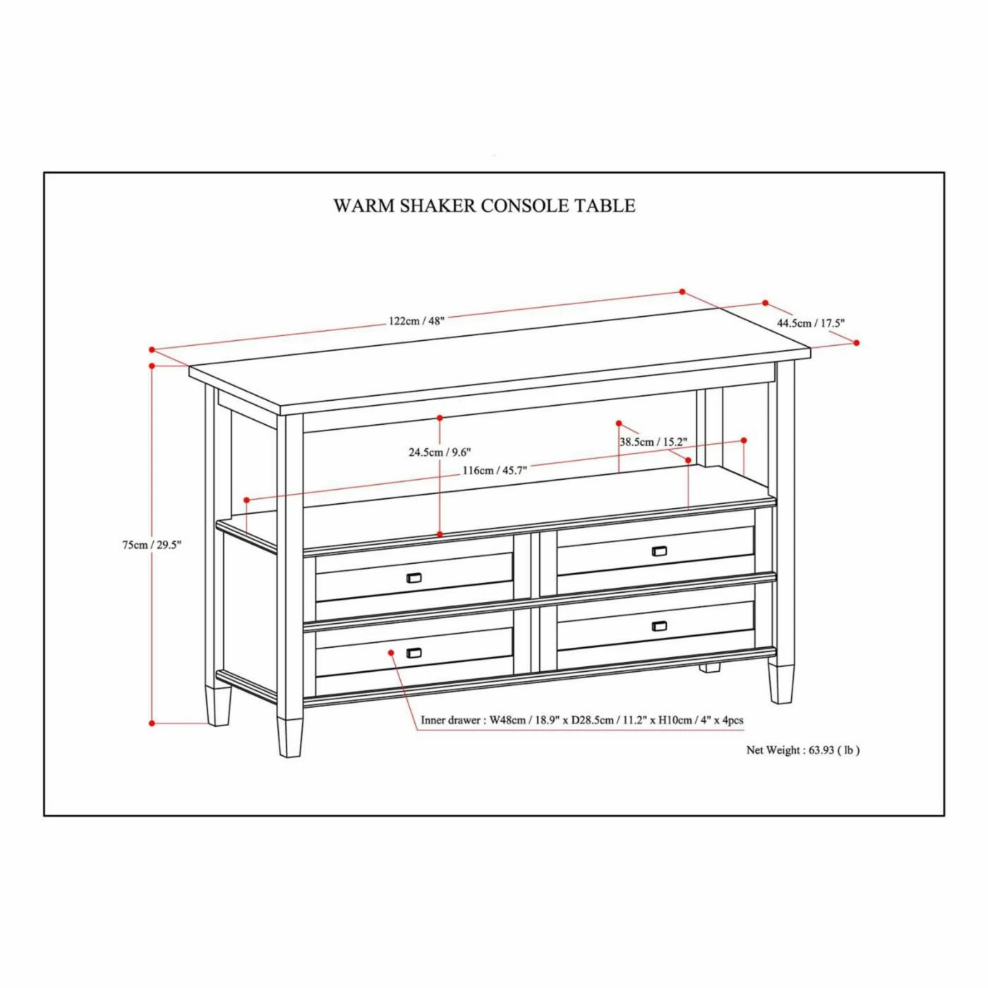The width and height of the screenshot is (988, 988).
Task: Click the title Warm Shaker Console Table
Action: [x=484, y=205]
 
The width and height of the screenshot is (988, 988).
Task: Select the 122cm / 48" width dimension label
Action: [x=416, y=320]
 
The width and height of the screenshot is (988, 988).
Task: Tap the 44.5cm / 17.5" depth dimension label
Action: [x=811, y=323]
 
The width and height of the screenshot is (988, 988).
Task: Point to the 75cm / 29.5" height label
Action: [x=152, y=545]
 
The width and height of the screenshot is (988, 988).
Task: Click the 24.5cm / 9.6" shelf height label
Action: [x=440, y=452]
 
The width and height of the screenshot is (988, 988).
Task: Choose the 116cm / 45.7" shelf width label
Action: [x=495, y=471]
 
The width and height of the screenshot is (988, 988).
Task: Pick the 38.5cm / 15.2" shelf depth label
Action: [x=653, y=442]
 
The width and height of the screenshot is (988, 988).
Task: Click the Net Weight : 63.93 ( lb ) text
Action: [x=803, y=750]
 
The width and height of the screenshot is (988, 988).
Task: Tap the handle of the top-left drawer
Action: [x=414, y=578]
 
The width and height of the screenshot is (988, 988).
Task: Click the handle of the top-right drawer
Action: [x=659, y=551]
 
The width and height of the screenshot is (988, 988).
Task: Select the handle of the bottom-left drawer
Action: [x=414, y=653]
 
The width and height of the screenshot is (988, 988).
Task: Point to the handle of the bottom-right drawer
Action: [x=659, y=626]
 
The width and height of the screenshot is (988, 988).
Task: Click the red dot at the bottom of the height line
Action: [x=152, y=723]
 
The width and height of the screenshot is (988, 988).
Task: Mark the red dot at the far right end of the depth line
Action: [x=857, y=343]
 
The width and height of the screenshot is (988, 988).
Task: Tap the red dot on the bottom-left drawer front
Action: [x=391, y=652]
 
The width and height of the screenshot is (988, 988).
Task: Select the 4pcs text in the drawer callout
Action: [x=733, y=721]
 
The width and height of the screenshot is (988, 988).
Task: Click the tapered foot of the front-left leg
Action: [x=290, y=737]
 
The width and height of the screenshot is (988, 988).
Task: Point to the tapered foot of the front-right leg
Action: [x=781, y=684]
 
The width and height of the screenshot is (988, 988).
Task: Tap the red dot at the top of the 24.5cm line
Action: [x=440, y=418]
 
